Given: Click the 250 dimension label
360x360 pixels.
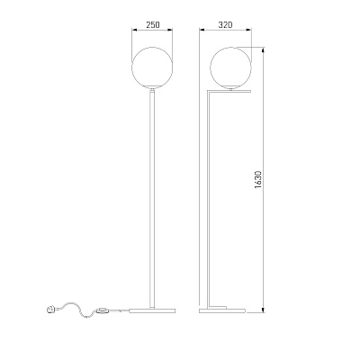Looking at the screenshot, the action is (x=153, y=24).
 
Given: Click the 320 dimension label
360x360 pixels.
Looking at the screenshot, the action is (x=225, y=24).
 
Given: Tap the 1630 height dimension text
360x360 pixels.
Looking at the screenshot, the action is (x=258, y=181).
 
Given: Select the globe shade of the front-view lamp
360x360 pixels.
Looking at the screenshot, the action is (x=152, y=67).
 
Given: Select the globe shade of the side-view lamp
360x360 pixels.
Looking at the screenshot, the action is (x=230, y=67).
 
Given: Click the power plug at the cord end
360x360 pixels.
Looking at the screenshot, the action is (x=50, y=309).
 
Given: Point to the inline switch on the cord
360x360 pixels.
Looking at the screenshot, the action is (x=103, y=310).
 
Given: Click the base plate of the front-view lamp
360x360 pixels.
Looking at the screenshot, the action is (x=152, y=310).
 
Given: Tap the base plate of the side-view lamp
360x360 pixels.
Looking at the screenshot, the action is (x=222, y=310).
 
